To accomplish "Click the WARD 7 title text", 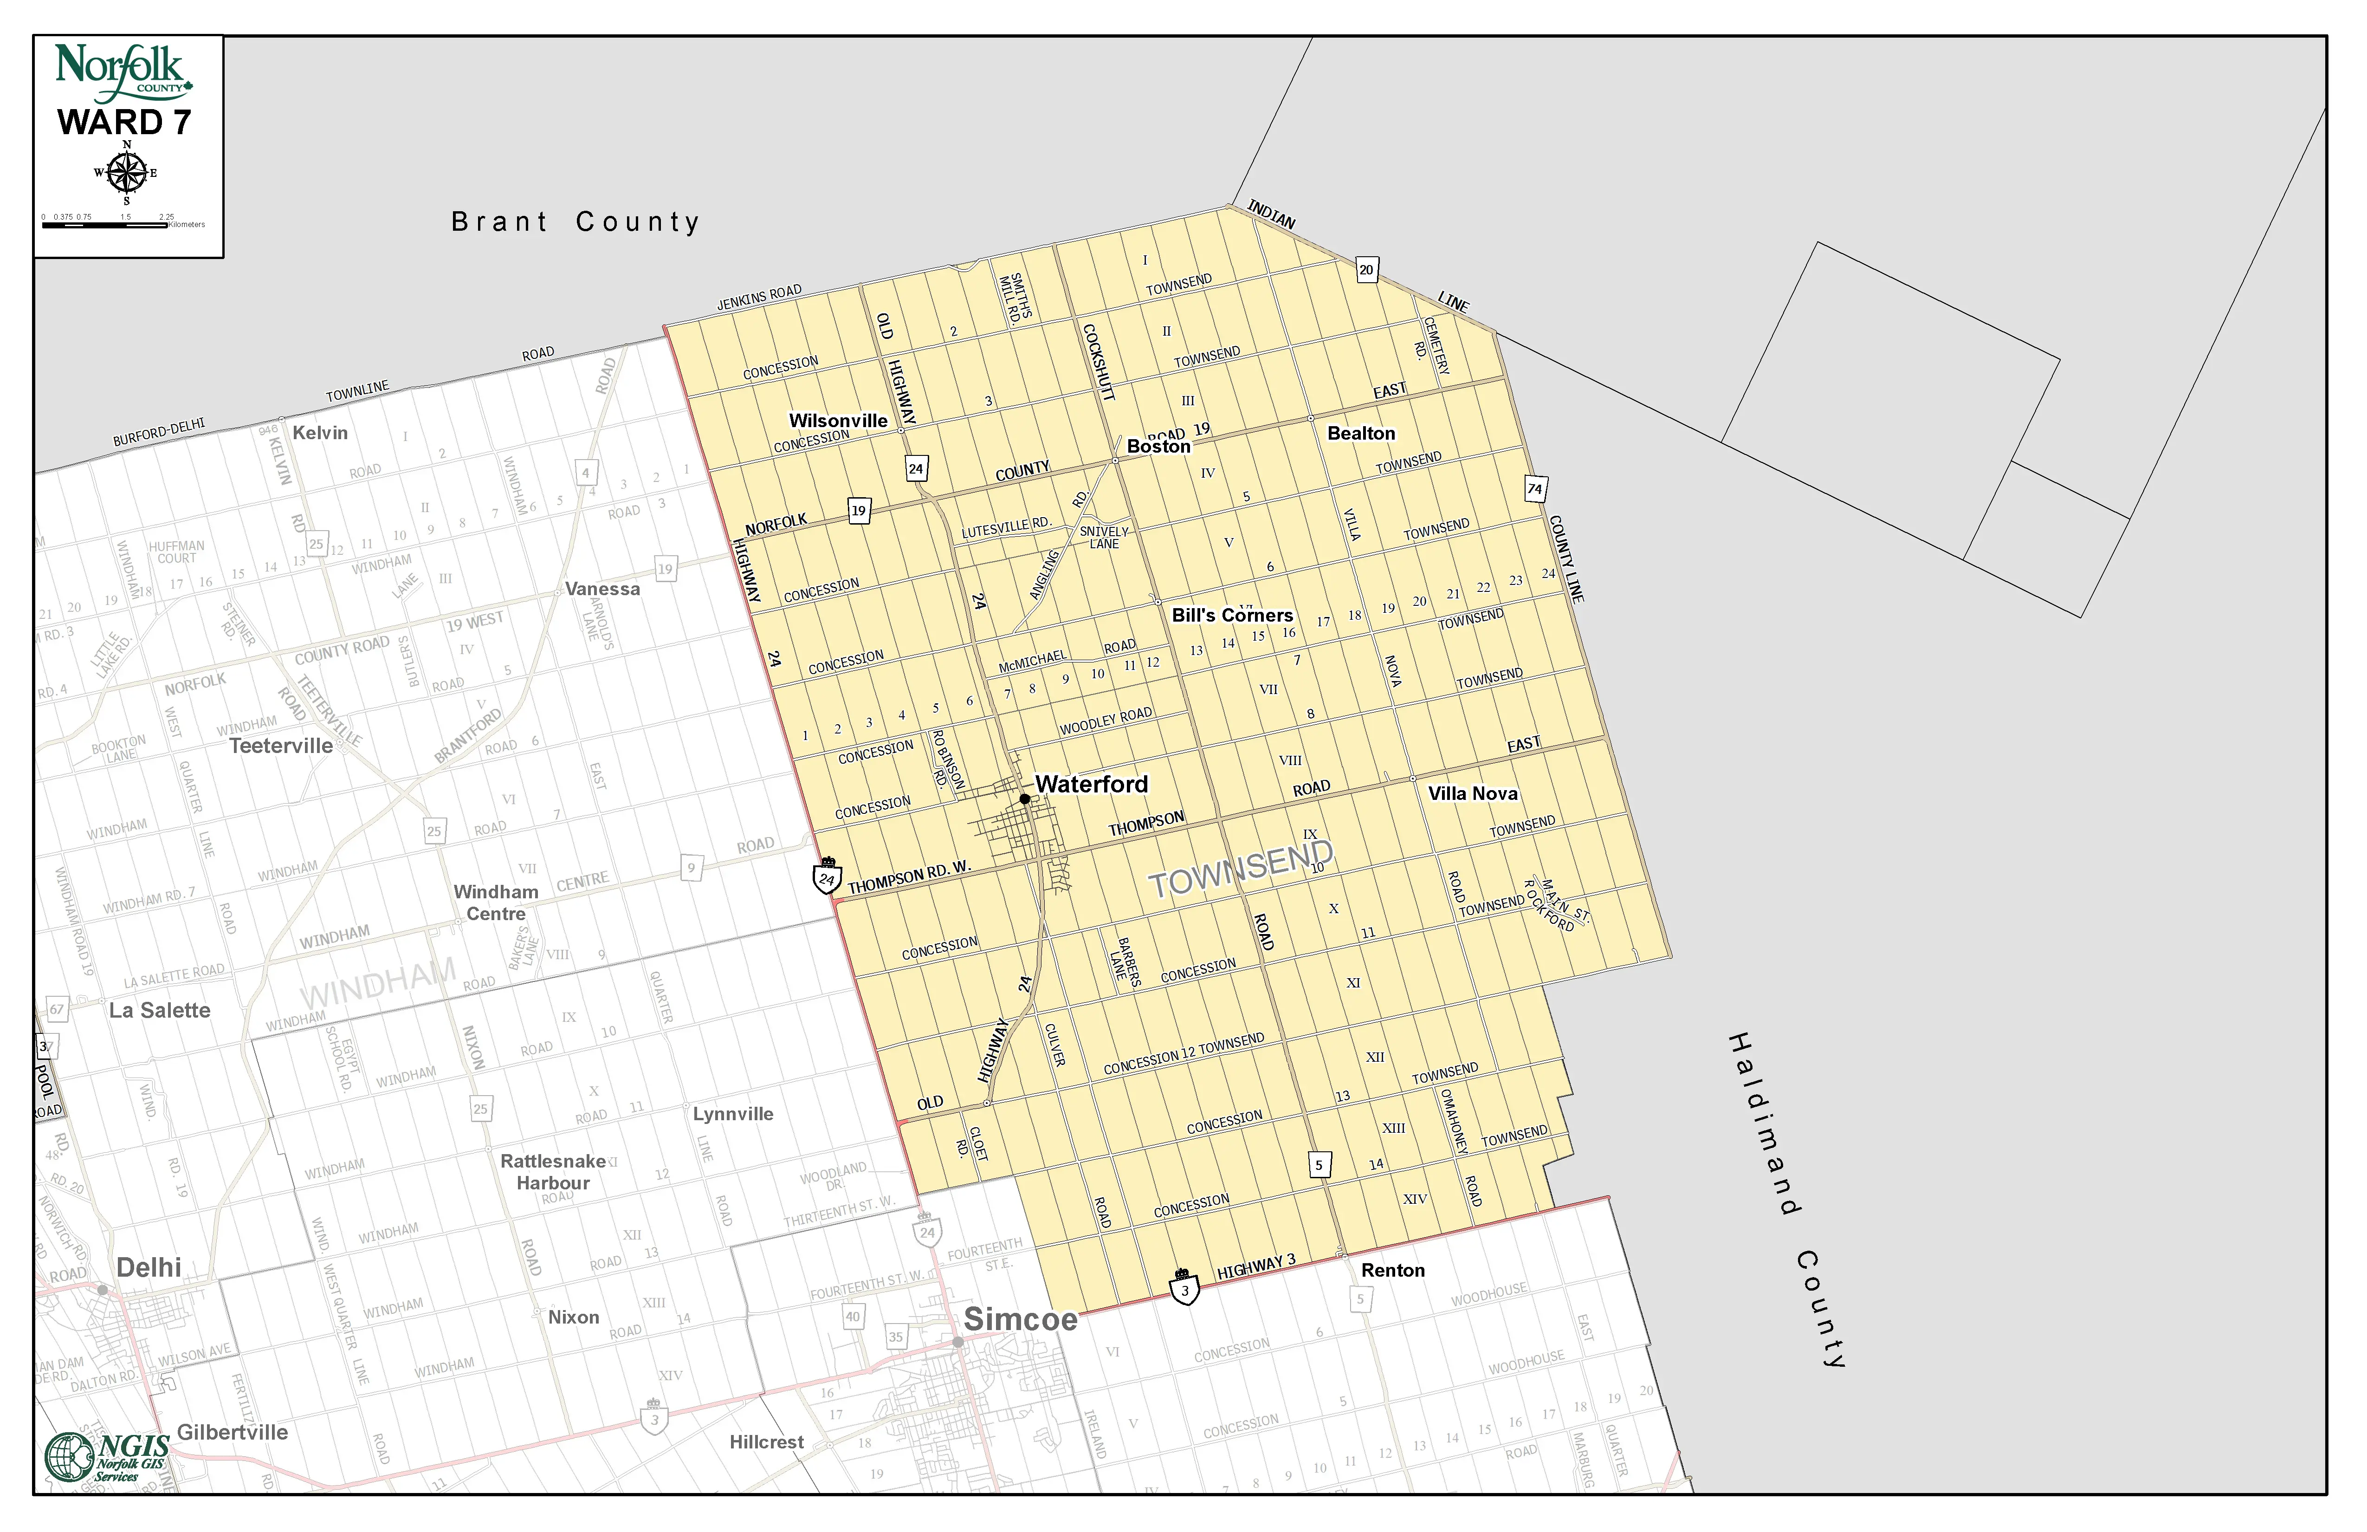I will click(124, 123).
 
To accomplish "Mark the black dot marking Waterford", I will click(1024, 799).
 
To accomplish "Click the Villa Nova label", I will click(1473, 793).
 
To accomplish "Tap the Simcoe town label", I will click(1021, 1319).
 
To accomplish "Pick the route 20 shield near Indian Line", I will click(1366, 270).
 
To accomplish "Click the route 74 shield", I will click(1534, 488).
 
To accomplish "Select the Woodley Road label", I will click(1106, 720).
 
